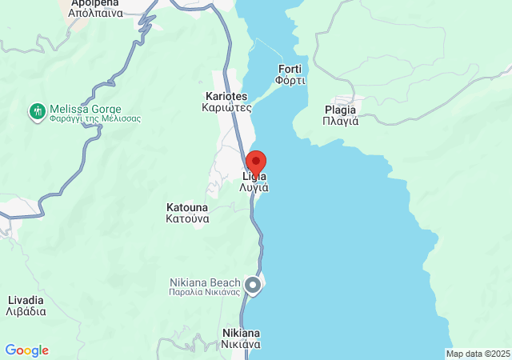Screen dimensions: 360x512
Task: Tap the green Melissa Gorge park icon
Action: click(x=37, y=110)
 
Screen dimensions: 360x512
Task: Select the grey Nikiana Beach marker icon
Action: click(x=253, y=284)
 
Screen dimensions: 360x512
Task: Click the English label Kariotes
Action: click(x=228, y=95)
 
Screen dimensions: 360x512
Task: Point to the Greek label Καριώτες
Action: click(x=227, y=106)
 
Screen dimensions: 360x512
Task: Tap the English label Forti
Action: click(x=290, y=69)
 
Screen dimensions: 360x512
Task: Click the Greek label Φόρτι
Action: click(x=290, y=80)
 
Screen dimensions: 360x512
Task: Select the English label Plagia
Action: click(x=340, y=110)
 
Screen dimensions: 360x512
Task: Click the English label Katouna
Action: click(x=187, y=206)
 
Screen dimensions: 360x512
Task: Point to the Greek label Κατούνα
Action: click(x=187, y=218)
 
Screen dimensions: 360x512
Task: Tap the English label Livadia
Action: click(x=25, y=300)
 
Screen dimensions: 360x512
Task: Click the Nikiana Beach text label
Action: click(x=204, y=282)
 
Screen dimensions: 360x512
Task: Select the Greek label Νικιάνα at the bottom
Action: click(x=241, y=345)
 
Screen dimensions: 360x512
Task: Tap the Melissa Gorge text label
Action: click(x=85, y=109)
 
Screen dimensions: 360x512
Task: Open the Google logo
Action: click(x=26, y=350)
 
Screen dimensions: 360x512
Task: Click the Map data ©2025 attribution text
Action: click(x=478, y=354)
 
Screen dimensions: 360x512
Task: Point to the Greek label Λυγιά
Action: click(x=254, y=187)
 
